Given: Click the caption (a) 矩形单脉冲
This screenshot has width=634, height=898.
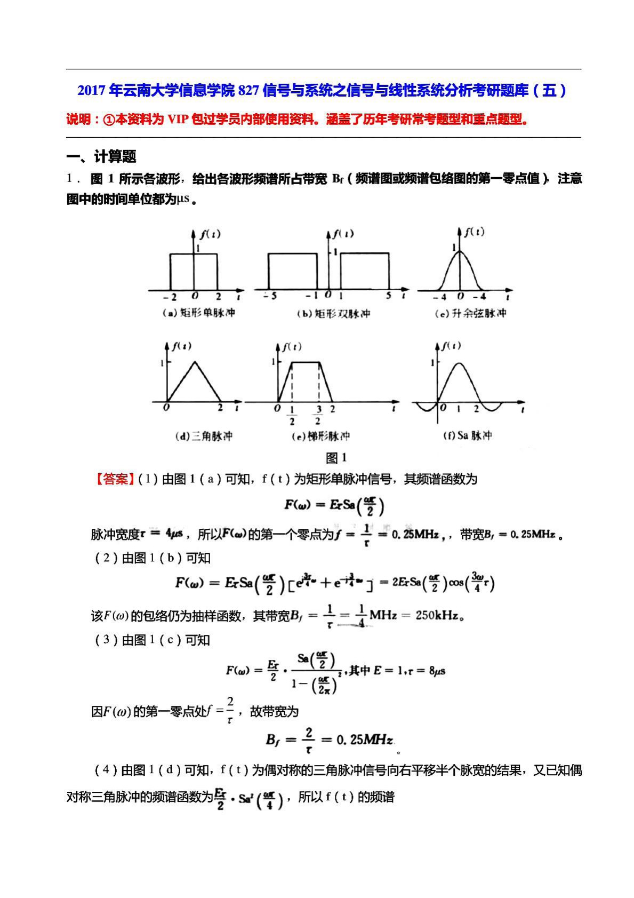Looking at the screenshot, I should [x=198, y=313].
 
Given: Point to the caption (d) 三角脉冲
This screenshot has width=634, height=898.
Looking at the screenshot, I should [x=204, y=436].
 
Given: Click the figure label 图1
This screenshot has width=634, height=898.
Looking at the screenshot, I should [x=336, y=457].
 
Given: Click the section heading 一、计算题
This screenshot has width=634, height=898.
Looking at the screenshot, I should [x=101, y=156].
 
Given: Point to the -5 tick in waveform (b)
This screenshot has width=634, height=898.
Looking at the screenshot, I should [x=270, y=296].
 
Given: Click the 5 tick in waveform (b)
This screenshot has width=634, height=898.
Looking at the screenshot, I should [x=388, y=296].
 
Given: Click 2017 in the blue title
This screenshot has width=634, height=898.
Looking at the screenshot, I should [x=92, y=91].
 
